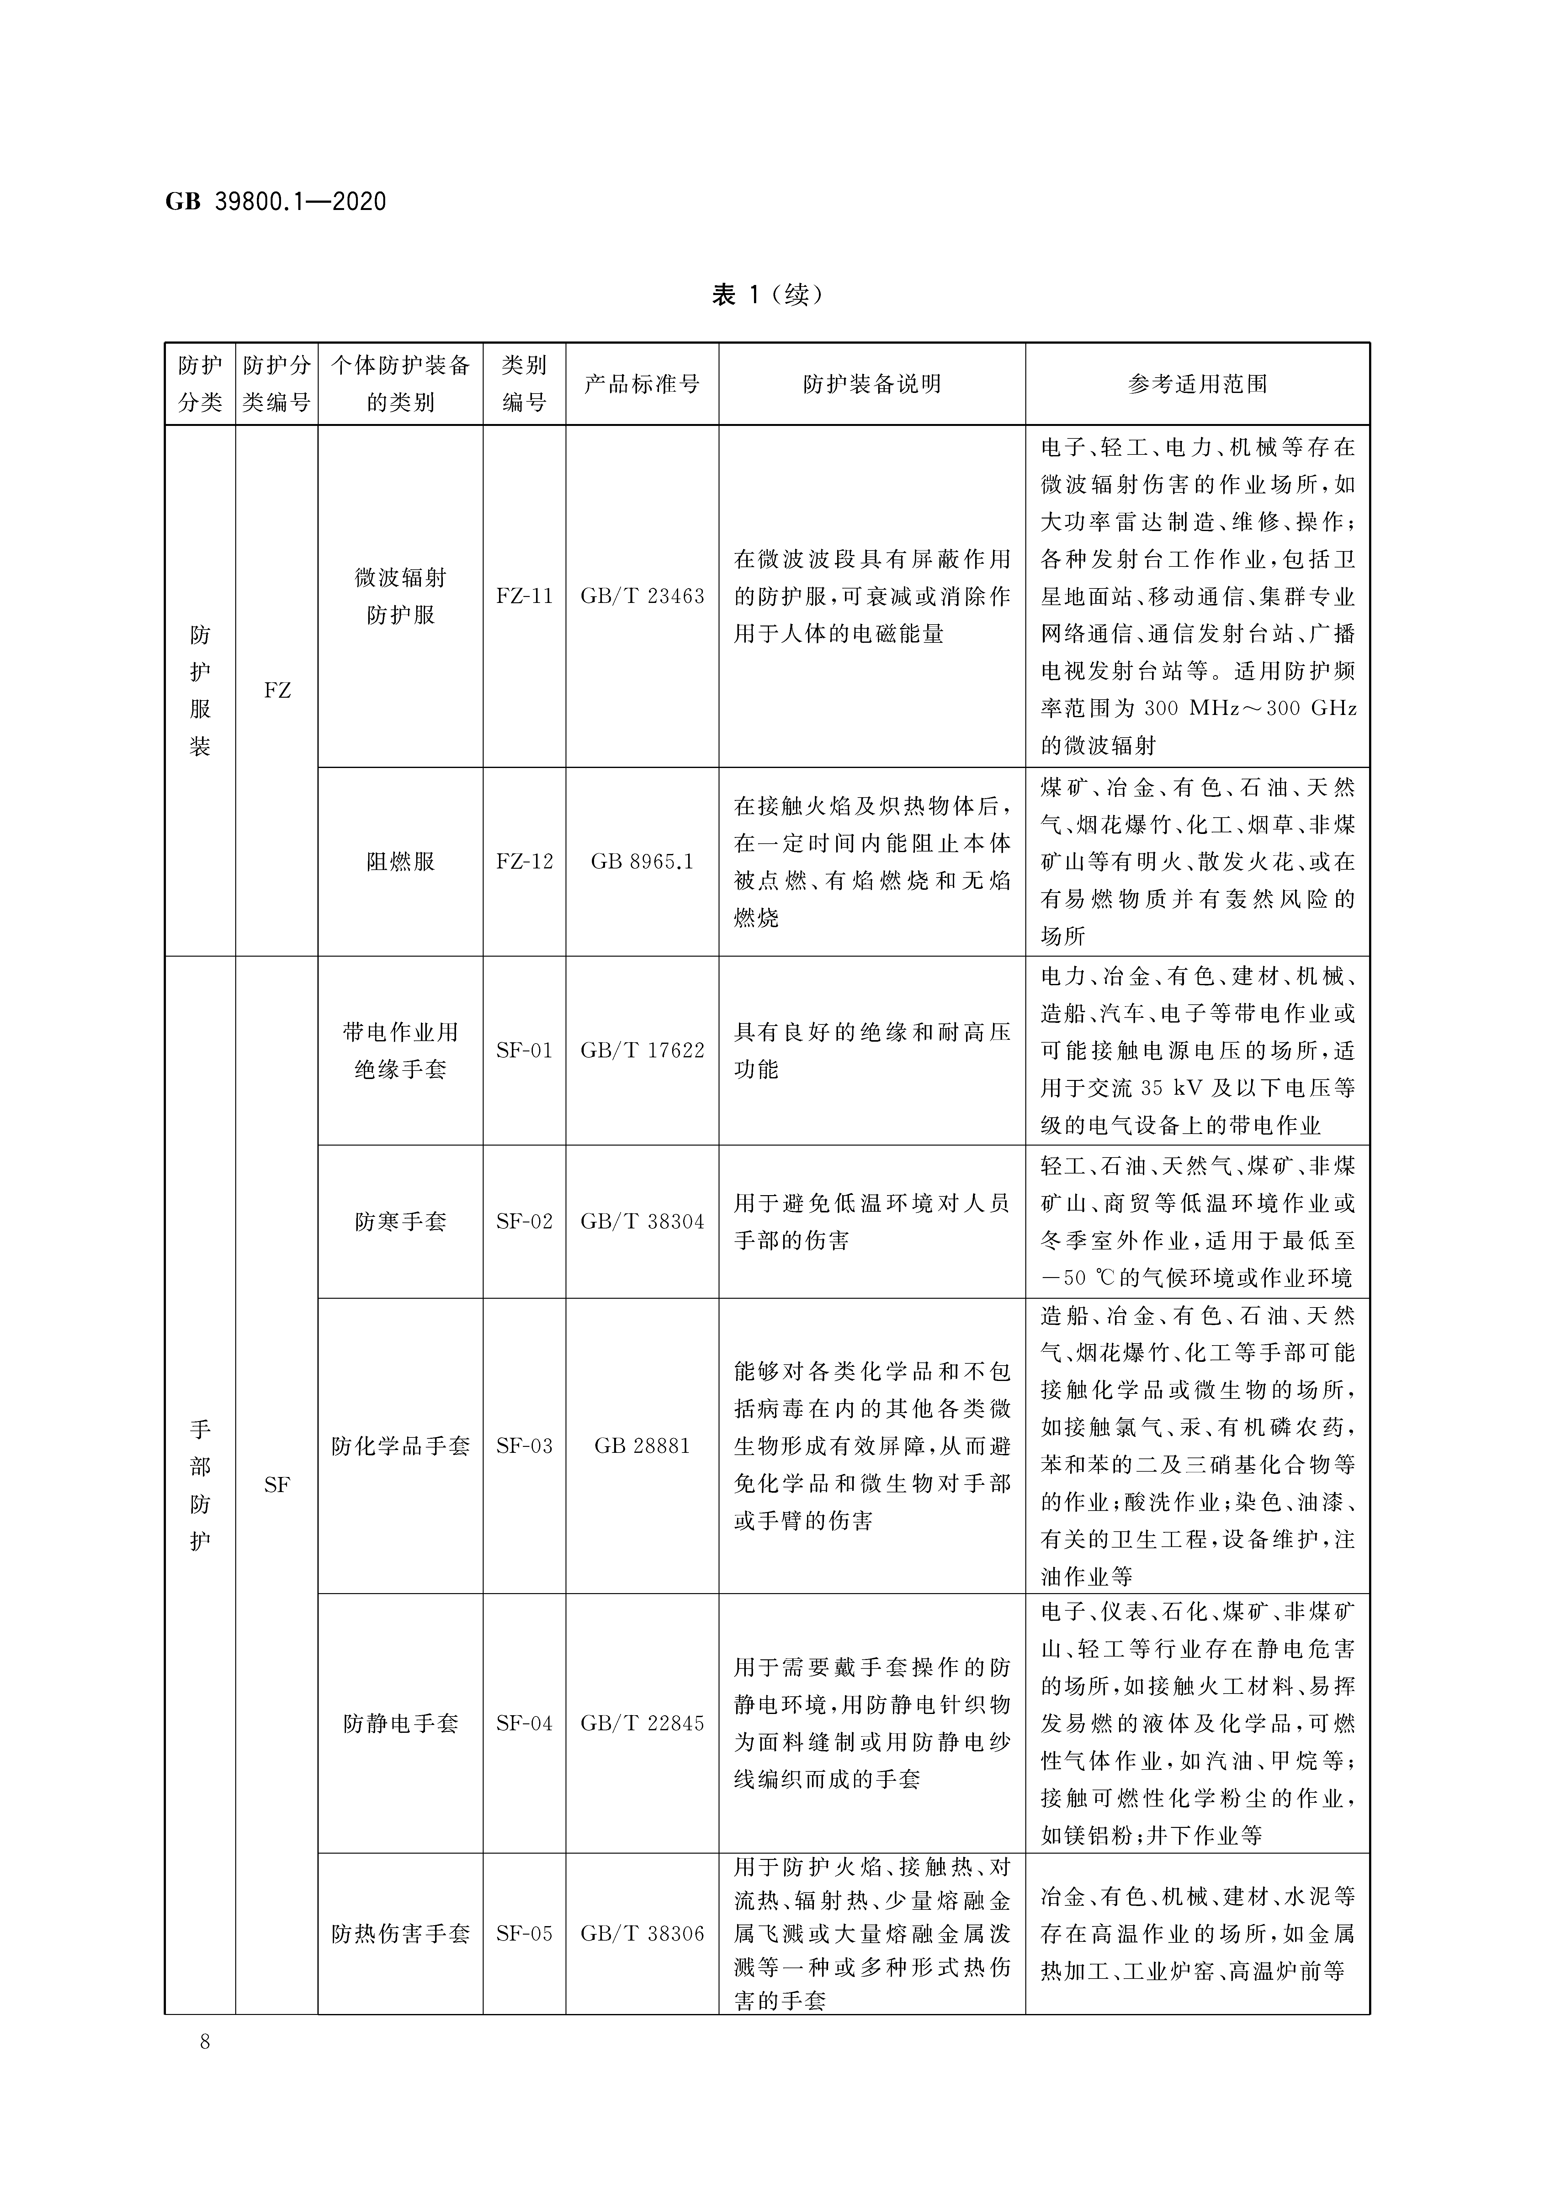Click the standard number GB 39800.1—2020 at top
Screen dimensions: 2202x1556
point(276,201)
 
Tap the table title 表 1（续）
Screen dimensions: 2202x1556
point(767,294)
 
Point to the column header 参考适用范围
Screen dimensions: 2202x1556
point(1198,384)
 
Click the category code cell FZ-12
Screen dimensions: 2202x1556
point(524,861)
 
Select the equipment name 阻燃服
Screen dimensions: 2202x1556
point(401,861)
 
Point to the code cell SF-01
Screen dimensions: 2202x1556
point(524,1050)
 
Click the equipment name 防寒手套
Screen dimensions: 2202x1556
point(401,1222)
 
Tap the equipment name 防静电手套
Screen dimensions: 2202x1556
point(401,1723)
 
